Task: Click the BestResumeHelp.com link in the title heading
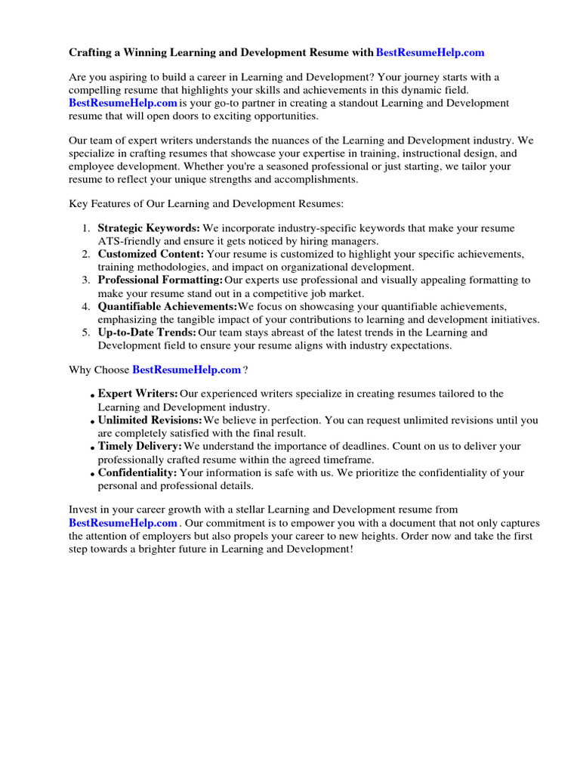[x=430, y=53]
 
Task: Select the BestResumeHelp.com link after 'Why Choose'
[x=187, y=370]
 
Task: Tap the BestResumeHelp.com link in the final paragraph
[x=123, y=523]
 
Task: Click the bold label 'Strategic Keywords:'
[x=149, y=228]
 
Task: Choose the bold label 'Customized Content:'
[x=151, y=254]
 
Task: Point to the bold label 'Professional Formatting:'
[x=160, y=280]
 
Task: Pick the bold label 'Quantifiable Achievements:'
[x=167, y=306]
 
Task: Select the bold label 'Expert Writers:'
[x=138, y=394]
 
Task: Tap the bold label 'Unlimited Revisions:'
[x=150, y=420]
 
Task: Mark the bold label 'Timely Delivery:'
[x=140, y=447]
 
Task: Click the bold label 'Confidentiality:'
[x=137, y=473]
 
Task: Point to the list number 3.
[x=85, y=280]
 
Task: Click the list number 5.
[x=85, y=333]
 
